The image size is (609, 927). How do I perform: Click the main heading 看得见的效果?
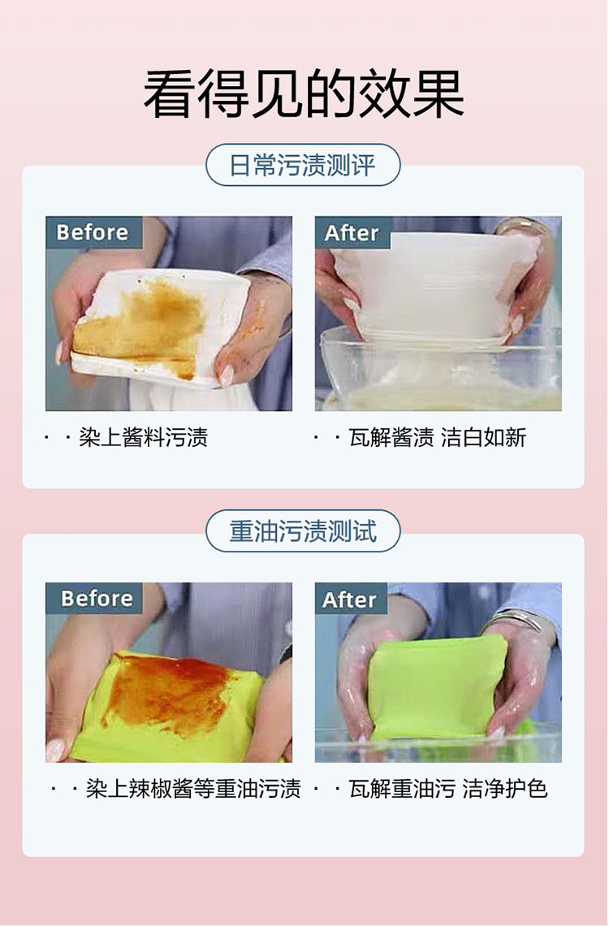pos(304,94)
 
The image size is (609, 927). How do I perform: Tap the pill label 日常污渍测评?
pos(303,165)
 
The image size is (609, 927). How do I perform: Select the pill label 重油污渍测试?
pos(303,531)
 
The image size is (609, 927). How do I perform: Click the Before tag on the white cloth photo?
pos(93,232)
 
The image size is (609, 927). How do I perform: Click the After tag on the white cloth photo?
pos(352,232)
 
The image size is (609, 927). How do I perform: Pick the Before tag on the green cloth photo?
pos(94,598)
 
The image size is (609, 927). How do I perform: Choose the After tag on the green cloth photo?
pos(351,599)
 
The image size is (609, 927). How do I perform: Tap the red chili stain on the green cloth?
pos(168,691)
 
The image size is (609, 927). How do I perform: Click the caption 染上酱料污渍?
pos(144,437)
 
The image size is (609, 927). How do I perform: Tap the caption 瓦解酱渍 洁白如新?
pos(437,437)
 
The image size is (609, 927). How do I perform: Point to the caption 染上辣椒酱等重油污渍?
pos(194,789)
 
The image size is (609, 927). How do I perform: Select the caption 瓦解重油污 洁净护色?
pos(448,789)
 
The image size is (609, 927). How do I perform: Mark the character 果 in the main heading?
pos(438,94)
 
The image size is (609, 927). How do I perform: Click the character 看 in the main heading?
pos(169,94)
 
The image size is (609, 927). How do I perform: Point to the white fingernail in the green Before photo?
pos(57,749)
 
